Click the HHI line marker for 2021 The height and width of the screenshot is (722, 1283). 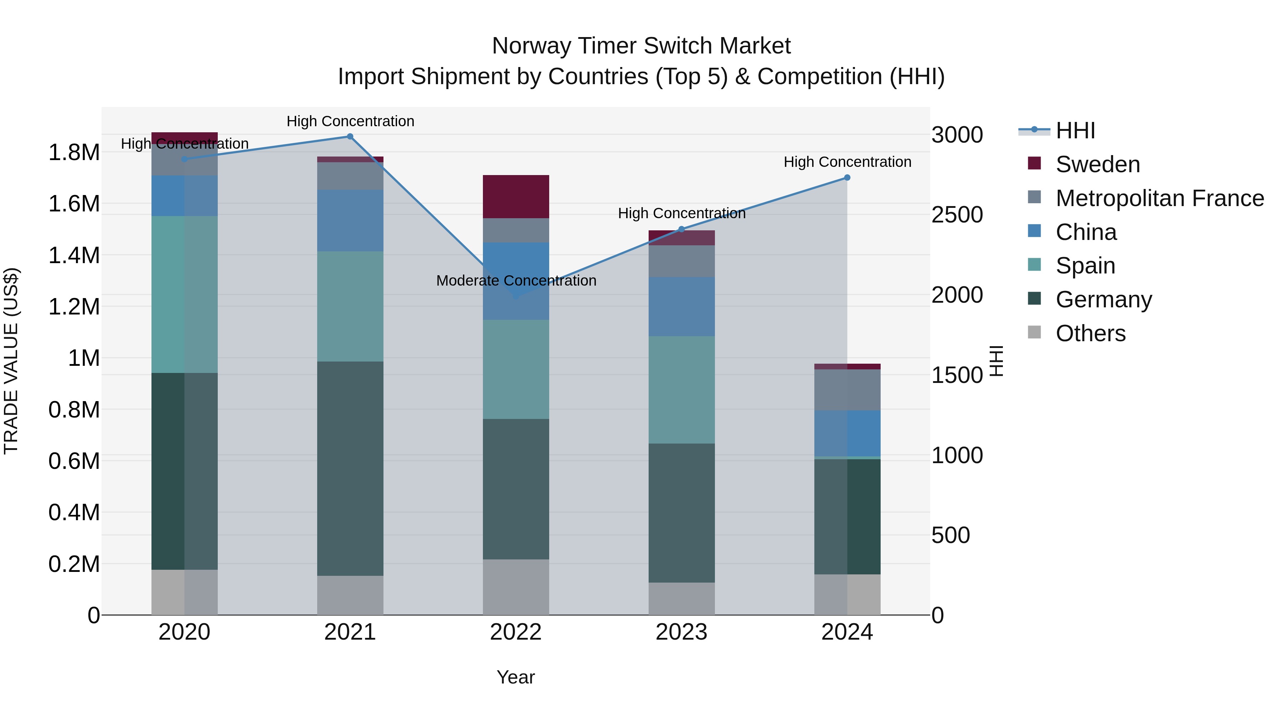point(350,137)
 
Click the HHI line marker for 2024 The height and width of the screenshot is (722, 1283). point(847,178)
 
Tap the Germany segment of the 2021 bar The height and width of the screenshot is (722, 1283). point(350,468)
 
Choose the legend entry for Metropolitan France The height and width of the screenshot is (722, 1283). point(1159,198)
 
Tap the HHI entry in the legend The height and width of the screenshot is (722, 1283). point(1075,130)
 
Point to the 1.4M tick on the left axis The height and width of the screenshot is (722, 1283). point(74,256)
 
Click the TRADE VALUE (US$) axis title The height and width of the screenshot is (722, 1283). point(11,361)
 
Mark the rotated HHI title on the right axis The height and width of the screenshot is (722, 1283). point(996,361)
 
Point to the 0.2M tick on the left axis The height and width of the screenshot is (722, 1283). point(74,564)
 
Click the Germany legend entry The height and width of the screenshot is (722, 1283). point(1103,299)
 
